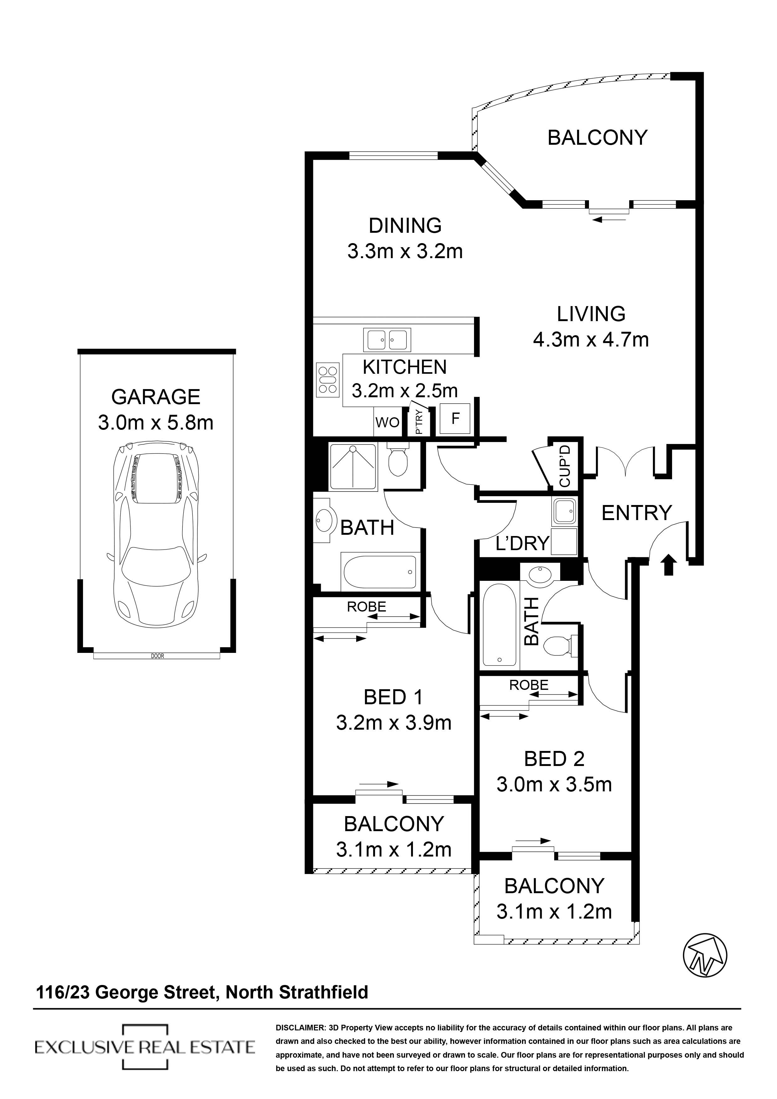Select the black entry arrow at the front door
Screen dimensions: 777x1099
click(669, 564)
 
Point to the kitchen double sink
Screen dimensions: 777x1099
click(387, 340)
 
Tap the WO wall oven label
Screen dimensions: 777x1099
click(387, 422)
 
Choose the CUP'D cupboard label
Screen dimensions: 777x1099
click(565, 466)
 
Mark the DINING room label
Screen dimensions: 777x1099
click(405, 226)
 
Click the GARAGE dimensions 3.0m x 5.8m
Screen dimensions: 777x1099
click(156, 423)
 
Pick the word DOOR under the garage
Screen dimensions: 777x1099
click(157, 656)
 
